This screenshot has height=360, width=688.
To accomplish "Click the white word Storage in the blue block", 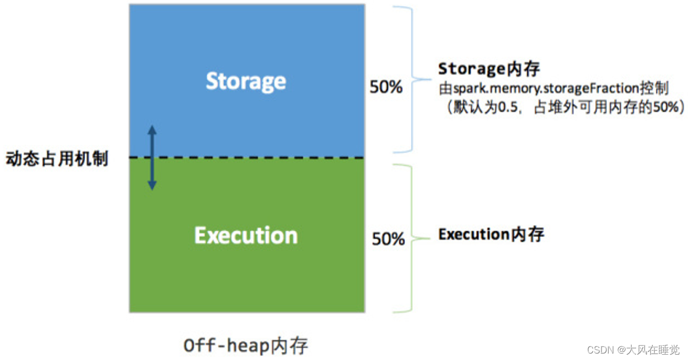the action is click(x=246, y=81).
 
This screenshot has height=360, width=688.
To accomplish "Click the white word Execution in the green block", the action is click(x=246, y=236).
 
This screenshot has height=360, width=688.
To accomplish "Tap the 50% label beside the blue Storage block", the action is click(x=386, y=87).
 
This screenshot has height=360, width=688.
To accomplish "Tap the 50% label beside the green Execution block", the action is click(x=388, y=239).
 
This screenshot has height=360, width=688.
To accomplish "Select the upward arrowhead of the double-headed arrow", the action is click(x=152, y=130).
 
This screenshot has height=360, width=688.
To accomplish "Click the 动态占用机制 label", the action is click(x=57, y=159).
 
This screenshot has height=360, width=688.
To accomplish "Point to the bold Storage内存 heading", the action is click(x=489, y=69).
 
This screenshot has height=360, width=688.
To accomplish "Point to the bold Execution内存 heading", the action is click(x=491, y=234).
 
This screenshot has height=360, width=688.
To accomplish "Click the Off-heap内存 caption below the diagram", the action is click(x=246, y=345).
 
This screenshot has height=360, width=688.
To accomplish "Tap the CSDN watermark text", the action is click(x=598, y=350).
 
